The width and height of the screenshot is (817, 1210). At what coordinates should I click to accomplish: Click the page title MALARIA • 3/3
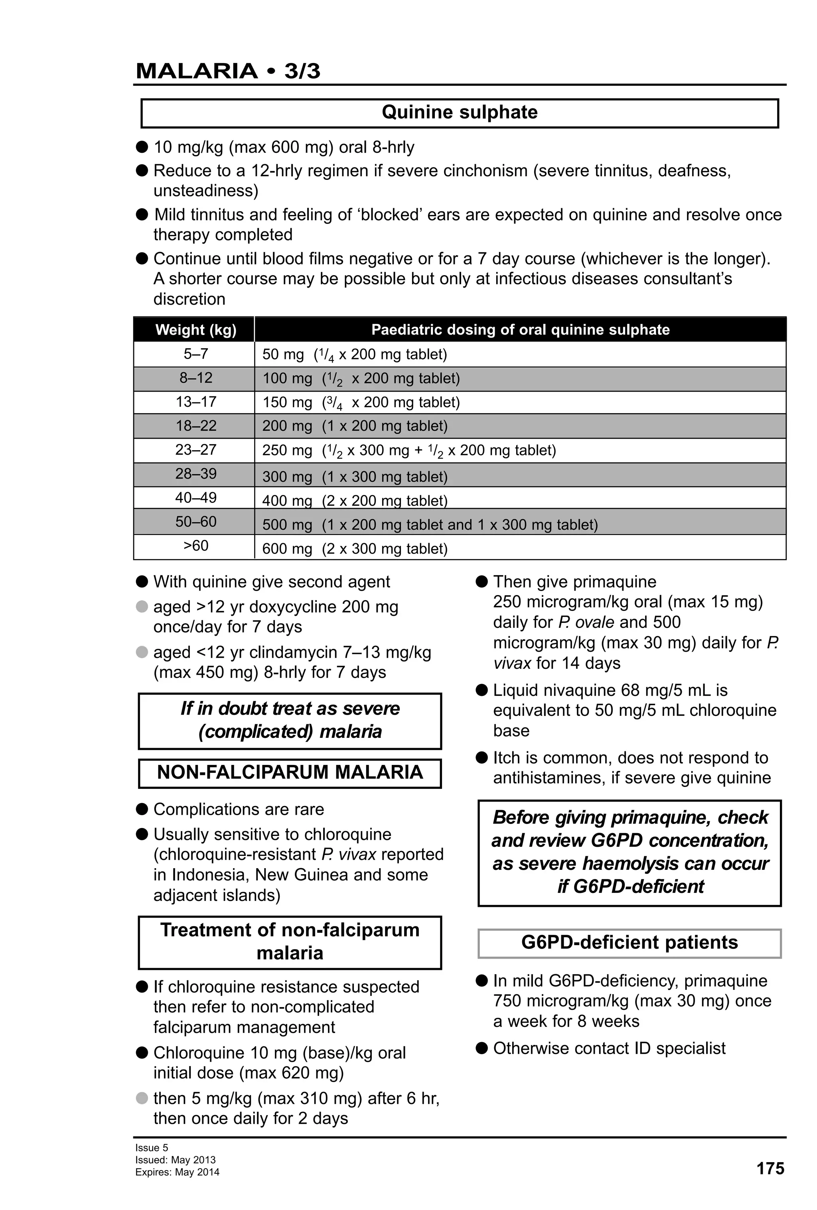click(x=227, y=71)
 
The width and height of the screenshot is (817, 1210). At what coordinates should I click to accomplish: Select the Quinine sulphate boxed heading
click(x=459, y=112)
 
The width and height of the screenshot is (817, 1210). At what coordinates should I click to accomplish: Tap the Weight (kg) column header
click(x=196, y=329)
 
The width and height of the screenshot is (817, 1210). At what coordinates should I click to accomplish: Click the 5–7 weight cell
click(x=196, y=354)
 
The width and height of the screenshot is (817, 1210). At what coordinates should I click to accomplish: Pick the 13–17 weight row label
click(x=196, y=402)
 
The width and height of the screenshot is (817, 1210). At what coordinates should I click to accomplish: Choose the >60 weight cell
click(x=196, y=546)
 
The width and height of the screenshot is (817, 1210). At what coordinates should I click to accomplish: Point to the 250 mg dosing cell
click(x=409, y=450)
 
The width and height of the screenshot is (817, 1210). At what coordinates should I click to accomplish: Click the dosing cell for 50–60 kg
click(x=430, y=524)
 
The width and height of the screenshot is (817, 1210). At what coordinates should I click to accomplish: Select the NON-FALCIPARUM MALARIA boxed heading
click(x=290, y=772)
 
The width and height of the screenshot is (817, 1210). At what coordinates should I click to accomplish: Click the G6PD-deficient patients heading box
click(x=629, y=942)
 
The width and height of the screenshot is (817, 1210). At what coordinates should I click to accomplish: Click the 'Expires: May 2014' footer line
click(x=177, y=1172)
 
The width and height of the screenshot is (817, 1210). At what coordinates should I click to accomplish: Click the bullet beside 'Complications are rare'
click(x=142, y=809)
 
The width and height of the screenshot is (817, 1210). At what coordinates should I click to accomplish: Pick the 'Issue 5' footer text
click(x=152, y=1147)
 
